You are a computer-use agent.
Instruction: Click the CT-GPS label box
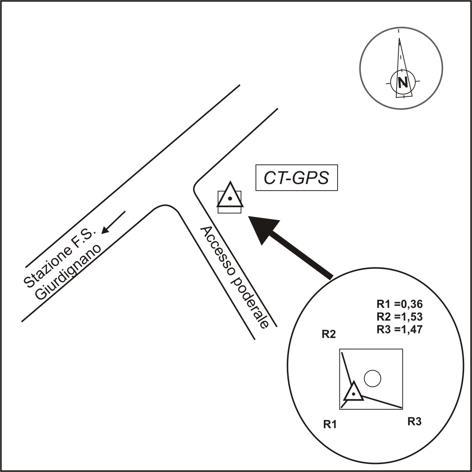[297, 178]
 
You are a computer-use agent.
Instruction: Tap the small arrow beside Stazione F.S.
[113, 222]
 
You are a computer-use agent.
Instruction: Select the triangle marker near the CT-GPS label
[229, 197]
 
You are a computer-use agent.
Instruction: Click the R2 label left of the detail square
[329, 334]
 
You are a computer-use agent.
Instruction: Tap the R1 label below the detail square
[330, 425]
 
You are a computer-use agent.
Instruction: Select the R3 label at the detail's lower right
[414, 421]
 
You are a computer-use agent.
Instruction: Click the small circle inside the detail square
[372, 379]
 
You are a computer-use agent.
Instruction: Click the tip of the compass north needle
[399, 40]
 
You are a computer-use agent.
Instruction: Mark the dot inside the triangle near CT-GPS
[230, 199]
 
